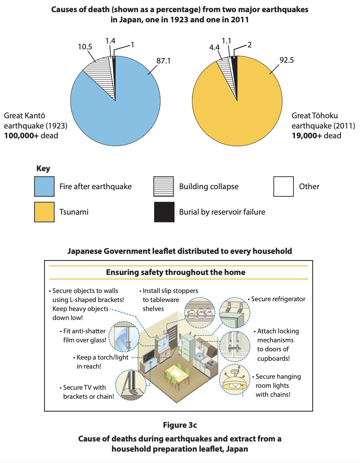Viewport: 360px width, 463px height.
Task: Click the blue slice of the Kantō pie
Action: click(117, 114)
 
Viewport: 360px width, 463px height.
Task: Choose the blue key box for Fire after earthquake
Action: click(45, 186)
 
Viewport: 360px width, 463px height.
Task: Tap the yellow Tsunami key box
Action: click(45, 212)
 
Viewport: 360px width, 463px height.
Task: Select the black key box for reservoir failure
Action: click(164, 212)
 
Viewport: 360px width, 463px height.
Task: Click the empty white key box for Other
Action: click(284, 186)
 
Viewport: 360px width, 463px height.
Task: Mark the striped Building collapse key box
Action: click(164, 186)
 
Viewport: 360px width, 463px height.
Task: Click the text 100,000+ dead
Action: click(31, 136)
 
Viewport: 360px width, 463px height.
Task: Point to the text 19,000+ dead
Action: click(317, 136)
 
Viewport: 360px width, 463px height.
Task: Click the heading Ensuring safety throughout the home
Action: click(176, 272)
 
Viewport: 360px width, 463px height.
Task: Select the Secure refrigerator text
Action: click(278, 299)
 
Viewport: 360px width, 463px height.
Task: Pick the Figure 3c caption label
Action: click(180, 425)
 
